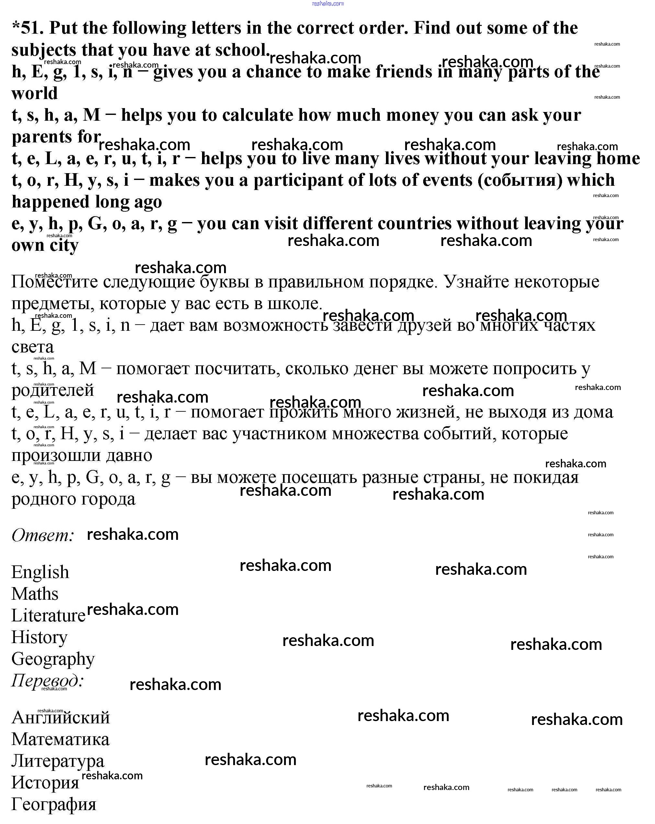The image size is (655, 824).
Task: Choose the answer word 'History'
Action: (x=40, y=638)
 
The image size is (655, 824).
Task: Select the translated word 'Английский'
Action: (x=61, y=718)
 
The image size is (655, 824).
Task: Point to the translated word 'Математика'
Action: (x=61, y=740)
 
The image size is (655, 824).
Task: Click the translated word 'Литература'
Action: (x=58, y=761)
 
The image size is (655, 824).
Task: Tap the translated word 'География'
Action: (x=53, y=805)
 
